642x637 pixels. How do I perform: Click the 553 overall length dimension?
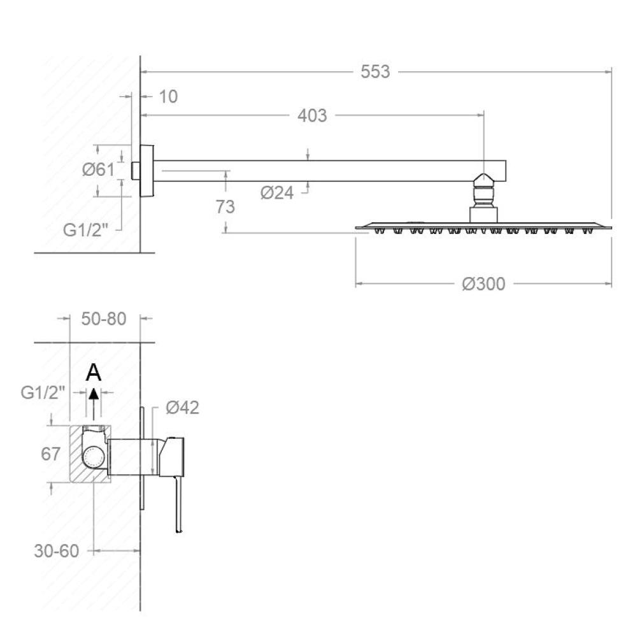[x=375, y=71]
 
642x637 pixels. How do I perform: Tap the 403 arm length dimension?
[x=312, y=115]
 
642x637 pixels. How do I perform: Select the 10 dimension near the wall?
[x=168, y=97]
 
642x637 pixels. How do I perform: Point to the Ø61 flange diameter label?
[x=98, y=169]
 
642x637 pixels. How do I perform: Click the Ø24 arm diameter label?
[x=277, y=192]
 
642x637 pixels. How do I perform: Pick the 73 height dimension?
[x=225, y=207]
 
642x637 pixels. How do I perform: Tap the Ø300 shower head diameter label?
[x=483, y=283]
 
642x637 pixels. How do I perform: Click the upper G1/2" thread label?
[x=85, y=230]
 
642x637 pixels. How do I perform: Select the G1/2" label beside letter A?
[x=43, y=393]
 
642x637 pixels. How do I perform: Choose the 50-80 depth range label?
[x=104, y=319]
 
